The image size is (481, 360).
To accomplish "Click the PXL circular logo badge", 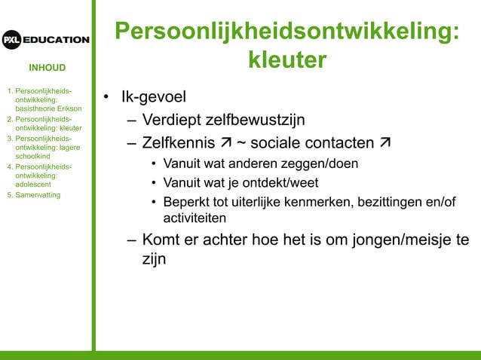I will pyautogui.click(x=11, y=40).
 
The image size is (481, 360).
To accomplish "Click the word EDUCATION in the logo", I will pyautogui.click(x=55, y=40).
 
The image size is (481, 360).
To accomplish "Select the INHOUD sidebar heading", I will pyautogui.click(x=47, y=68).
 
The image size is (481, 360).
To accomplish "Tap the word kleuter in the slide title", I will pyautogui.click(x=287, y=59).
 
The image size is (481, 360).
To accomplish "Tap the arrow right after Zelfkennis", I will pyautogui.click(x=225, y=143).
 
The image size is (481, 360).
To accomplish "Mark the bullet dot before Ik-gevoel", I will pyautogui.click(x=108, y=99).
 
